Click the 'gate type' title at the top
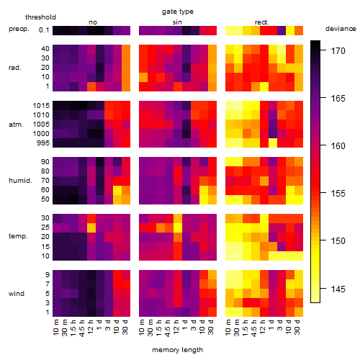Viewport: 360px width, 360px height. coord(178,12)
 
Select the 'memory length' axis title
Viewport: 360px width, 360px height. coord(177,350)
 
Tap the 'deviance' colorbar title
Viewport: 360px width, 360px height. coord(341,29)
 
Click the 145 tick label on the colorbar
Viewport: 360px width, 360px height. coord(338,289)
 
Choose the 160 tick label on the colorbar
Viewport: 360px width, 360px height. coord(338,145)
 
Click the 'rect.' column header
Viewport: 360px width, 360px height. coord(262,22)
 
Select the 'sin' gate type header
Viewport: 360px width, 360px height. coord(177,22)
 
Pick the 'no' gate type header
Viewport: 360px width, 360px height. coord(93,22)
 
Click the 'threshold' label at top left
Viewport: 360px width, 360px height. coord(40,17)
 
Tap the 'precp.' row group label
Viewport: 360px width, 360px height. coord(19,29)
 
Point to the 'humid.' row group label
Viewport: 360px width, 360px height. coord(20,181)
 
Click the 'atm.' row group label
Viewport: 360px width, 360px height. coord(16,125)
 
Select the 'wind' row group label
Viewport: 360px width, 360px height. coord(17,294)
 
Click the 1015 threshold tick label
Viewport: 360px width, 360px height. coord(41,106)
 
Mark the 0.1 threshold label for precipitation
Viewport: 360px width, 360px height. coord(44,30)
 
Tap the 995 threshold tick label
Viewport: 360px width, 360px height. coord(43,143)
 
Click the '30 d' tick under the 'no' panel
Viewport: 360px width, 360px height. coord(125,327)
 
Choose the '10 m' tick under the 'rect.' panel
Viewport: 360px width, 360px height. coord(228,327)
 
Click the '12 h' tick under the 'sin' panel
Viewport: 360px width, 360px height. coord(176,327)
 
